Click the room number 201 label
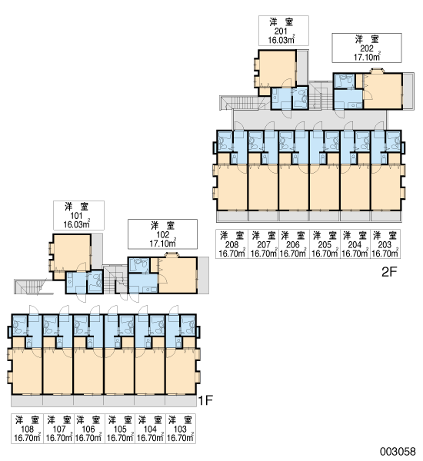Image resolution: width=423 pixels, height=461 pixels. point(281,32)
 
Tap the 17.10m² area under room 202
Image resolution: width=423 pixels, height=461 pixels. point(367,56)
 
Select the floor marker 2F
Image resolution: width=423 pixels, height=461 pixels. point(389,272)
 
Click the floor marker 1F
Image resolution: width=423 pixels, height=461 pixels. point(205,400)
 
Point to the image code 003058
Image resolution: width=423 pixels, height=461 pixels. point(398,451)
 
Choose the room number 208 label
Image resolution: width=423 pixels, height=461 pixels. point(231,244)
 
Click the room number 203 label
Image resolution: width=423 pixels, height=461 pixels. point(385,244)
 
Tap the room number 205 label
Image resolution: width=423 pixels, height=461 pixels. point(325,244)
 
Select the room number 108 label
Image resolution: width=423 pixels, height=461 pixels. point(27,429)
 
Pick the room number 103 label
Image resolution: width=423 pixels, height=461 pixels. point(180,429)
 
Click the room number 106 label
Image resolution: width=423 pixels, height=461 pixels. point(88,429)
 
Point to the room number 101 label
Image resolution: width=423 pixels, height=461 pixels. point(76,216)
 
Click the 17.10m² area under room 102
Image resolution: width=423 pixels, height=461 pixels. point(163,243)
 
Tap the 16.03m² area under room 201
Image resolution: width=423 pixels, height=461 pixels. point(281,39)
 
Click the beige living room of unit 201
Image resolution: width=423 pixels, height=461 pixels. point(278,68)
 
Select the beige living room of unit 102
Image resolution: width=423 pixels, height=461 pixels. point(178,275)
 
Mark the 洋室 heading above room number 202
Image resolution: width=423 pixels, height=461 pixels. point(367,39)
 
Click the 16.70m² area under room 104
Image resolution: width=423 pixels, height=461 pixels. point(150,437)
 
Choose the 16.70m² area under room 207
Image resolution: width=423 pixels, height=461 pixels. point(264,253)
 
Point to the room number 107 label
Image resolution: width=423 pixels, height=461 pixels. point(59,429)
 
